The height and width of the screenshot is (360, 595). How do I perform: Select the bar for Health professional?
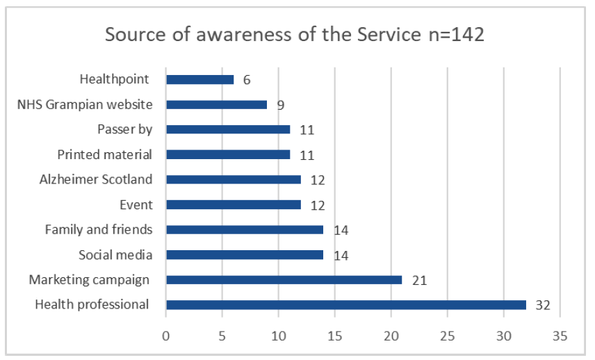[345, 304]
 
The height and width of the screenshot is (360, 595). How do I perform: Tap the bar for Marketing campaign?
[284, 279]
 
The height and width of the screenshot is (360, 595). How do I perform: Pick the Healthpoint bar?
[199, 79]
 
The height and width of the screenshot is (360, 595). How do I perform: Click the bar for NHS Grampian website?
[216, 104]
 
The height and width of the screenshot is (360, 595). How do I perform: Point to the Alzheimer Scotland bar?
[233, 179]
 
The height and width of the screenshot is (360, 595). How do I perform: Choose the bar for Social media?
[244, 254]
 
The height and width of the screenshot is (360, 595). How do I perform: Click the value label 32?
[543, 305]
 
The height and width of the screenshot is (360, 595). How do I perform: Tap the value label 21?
[418, 280]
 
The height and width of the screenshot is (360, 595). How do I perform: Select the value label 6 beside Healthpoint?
[247, 80]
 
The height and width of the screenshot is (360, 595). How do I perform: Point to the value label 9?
[280, 105]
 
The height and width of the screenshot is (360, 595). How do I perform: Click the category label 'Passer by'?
[125, 129]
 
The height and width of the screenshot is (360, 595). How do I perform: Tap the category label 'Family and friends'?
[99, 229]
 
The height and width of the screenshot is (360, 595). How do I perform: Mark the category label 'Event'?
[136, 204]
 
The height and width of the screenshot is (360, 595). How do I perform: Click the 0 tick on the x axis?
[166, 336]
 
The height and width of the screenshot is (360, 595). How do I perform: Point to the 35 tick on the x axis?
[560, 336]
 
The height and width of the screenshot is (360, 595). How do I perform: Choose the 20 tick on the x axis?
[391, 336]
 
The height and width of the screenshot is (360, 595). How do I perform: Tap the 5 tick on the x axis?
[222, 336]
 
